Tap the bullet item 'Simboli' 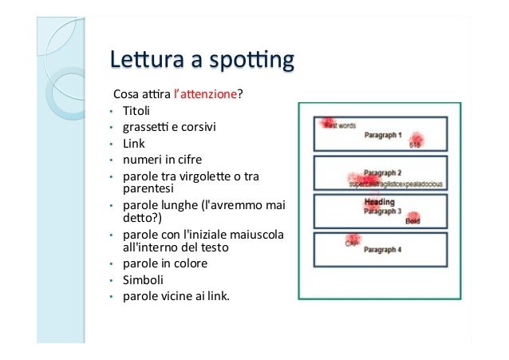[x=142, y=280]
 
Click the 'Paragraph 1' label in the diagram [x=383, y=136]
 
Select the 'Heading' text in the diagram [x=380, y=201]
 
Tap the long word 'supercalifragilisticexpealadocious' [x=396, y=183]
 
